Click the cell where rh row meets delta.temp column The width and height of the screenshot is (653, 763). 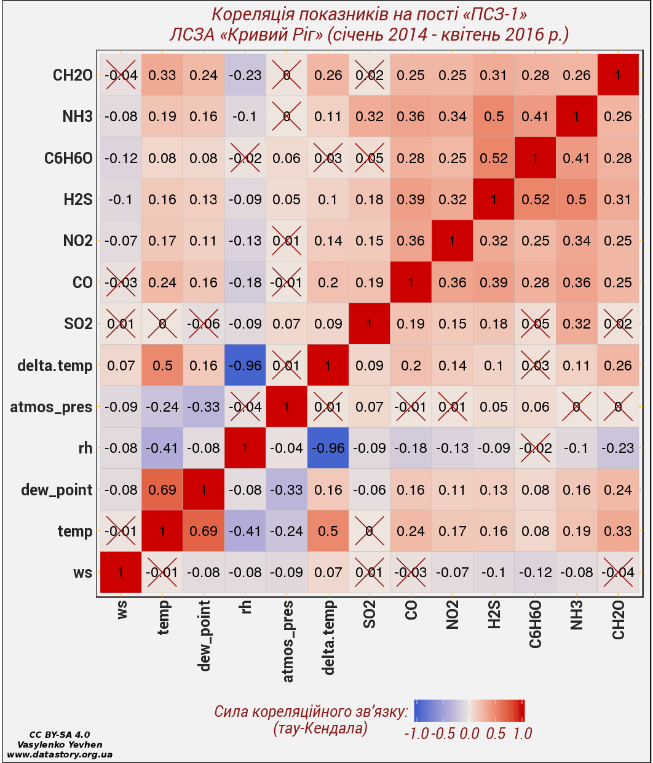point(328,448)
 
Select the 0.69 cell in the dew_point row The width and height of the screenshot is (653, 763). point(162,490)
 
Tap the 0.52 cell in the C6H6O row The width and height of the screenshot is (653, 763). point(494,158)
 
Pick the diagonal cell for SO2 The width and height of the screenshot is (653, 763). point(370,324)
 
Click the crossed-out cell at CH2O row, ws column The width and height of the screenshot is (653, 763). point(121,75)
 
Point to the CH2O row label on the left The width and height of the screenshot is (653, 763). point(73,76)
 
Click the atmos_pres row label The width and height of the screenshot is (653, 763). point(51,407)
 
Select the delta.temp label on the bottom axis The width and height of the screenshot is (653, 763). point(329,637)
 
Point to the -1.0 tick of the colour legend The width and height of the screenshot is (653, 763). point(416,733)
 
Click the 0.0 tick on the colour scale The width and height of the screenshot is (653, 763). point(469,733)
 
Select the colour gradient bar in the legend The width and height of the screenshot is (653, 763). point(469,710)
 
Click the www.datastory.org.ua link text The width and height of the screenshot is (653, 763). point(60,754)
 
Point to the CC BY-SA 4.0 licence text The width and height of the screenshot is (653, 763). point(60,735)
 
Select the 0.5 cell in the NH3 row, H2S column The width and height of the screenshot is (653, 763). point(494,116)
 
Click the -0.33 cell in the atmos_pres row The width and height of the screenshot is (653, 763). point(204,407)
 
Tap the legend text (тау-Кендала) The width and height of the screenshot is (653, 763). point(320,729)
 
